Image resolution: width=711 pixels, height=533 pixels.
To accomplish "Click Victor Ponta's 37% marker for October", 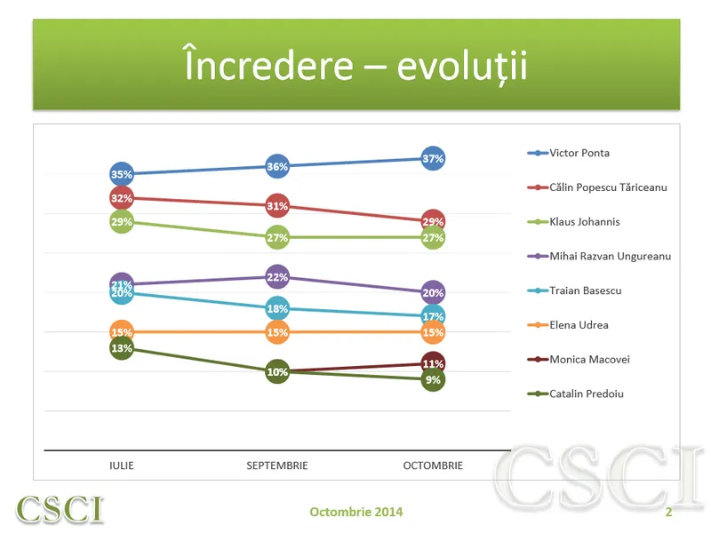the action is point(433,159).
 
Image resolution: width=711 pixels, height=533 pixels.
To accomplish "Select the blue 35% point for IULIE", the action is point(122,174).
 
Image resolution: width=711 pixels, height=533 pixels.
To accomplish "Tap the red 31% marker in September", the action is point(277,206).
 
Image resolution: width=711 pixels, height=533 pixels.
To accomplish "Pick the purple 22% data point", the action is point(277,277).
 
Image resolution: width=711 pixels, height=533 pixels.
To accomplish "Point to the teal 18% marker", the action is point(277,308).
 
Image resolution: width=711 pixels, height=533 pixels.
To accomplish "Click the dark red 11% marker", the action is point(433,363).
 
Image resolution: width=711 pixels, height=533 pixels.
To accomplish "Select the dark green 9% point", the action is point(433,380).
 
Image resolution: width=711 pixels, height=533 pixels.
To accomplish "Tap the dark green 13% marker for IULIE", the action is point(122,348).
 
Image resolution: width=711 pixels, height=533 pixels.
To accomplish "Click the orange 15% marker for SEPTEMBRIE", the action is point(277,332).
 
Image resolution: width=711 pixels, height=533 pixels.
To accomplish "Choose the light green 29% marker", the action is point(122,221).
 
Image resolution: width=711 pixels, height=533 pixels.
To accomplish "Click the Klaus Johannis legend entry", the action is point(573,221).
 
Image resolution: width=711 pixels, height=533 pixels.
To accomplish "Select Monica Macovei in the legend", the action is point(579,360).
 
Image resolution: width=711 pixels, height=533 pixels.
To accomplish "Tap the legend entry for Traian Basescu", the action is point(574,290).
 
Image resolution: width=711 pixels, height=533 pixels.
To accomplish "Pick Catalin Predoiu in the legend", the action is point(575,394).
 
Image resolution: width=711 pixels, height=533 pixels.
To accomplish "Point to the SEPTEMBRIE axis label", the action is point(277,465).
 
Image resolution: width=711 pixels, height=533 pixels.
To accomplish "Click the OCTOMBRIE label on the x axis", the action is point(433,465).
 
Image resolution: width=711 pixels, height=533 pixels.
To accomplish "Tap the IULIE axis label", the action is point(122,465).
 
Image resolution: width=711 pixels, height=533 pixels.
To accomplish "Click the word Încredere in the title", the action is point(268,64).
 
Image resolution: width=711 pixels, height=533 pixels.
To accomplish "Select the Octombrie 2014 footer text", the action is point(356,512).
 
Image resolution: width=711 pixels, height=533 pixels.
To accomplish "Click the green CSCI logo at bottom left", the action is point(60,509).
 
